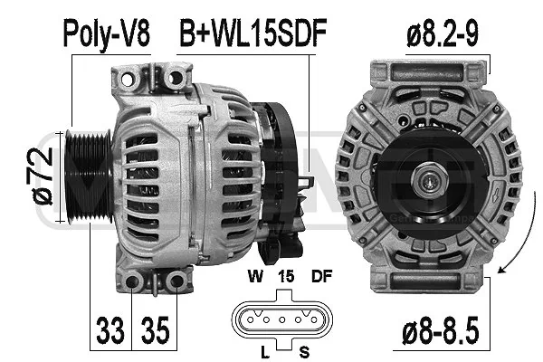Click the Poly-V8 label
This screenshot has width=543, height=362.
[107, 34]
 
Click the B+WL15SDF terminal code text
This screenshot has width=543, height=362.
[253, 33]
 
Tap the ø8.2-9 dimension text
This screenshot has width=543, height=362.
[443, 33]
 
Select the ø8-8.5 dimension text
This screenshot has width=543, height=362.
[441, 330]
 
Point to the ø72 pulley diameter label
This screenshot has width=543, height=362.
[43, 176]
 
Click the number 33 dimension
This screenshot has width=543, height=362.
[110, 330]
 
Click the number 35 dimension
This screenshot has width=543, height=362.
[156, 330]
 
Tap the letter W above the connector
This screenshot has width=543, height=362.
[255, 276]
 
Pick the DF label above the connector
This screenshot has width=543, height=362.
[321, 276]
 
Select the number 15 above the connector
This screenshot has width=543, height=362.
[286, 276]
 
